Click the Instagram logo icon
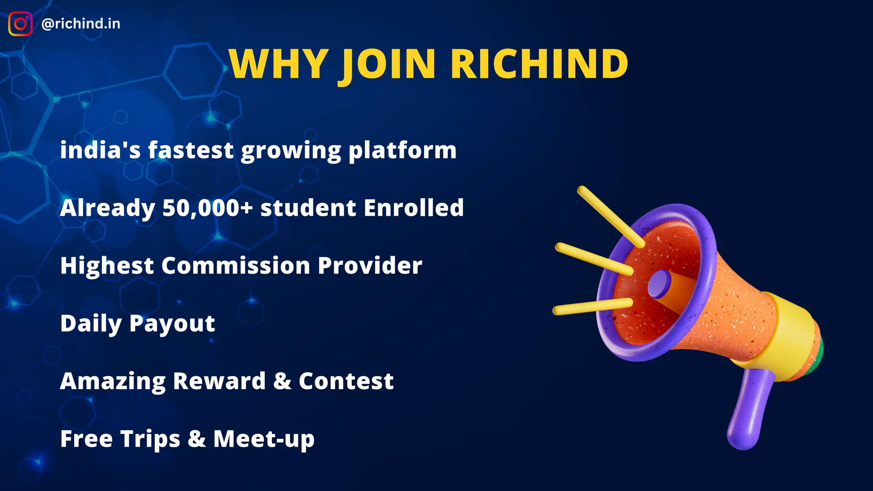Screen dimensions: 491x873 point(20,24)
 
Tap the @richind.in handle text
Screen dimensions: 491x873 point(81,24)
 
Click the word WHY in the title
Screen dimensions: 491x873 point(279,64)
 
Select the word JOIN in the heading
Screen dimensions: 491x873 point(388,64)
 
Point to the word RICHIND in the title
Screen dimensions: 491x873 point(539,64)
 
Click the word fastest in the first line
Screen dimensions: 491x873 point(191,150)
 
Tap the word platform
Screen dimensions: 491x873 point(402,150)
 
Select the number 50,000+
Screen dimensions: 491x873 point(208,208)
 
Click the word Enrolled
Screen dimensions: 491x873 point(413,208)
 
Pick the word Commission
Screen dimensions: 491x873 point(235,266)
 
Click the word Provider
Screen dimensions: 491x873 point(370,266)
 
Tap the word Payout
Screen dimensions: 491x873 point(172,323)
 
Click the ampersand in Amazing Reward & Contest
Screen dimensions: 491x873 point(282,381)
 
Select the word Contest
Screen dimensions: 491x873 point(346,381)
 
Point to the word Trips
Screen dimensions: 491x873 point(150,439)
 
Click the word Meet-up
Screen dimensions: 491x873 point(264,439)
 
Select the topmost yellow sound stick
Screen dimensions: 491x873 point(610,217)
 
